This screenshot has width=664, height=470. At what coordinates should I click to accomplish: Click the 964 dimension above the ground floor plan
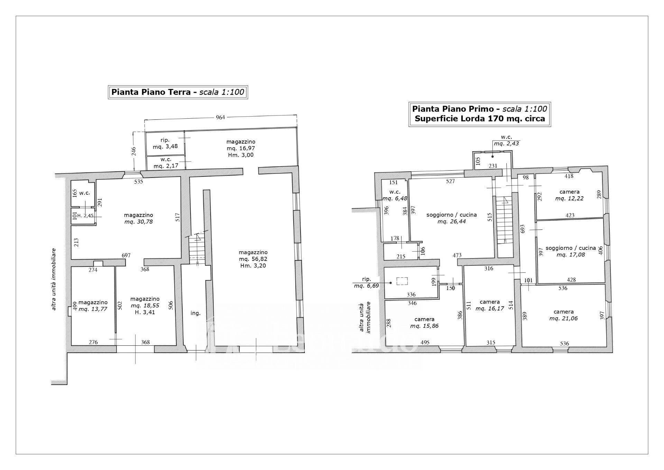click(x=220, y=117)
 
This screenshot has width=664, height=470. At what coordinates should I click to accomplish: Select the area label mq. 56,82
click(x=253, y=259)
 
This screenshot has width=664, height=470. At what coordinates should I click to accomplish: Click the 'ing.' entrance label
click(x=195, y=313)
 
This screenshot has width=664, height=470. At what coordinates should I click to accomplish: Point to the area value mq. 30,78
click(x=138, y=222)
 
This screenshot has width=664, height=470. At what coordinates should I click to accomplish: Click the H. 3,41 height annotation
click(x=145, y=312)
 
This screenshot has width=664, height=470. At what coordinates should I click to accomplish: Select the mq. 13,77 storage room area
click(x=93, y=309)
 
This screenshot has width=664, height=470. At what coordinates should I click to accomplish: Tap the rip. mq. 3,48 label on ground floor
click(x=165, y=143)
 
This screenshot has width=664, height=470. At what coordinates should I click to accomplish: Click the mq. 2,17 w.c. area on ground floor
click(x=166, y=166)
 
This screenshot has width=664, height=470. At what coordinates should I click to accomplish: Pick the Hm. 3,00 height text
click(x=241, y=155)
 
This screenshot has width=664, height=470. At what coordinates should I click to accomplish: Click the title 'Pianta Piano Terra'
click(x=151, y=92)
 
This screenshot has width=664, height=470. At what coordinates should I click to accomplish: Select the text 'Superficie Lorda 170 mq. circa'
click(x=480, y=119)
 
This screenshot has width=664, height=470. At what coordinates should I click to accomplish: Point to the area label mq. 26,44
click(x=452, y=222)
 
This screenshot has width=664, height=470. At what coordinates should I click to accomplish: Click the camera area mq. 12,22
click(x=569, y=199)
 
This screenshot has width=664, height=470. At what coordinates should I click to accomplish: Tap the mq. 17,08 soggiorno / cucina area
click(x=571, y=255)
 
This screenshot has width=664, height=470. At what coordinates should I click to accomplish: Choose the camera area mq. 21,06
click(x=563, y=318)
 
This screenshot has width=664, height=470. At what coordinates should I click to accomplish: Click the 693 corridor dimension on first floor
click(x=523, y=229)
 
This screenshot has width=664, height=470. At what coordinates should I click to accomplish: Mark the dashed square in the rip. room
click(x=402, y=281)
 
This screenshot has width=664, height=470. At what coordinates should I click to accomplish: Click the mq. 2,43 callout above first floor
click(x=506, y=144)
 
